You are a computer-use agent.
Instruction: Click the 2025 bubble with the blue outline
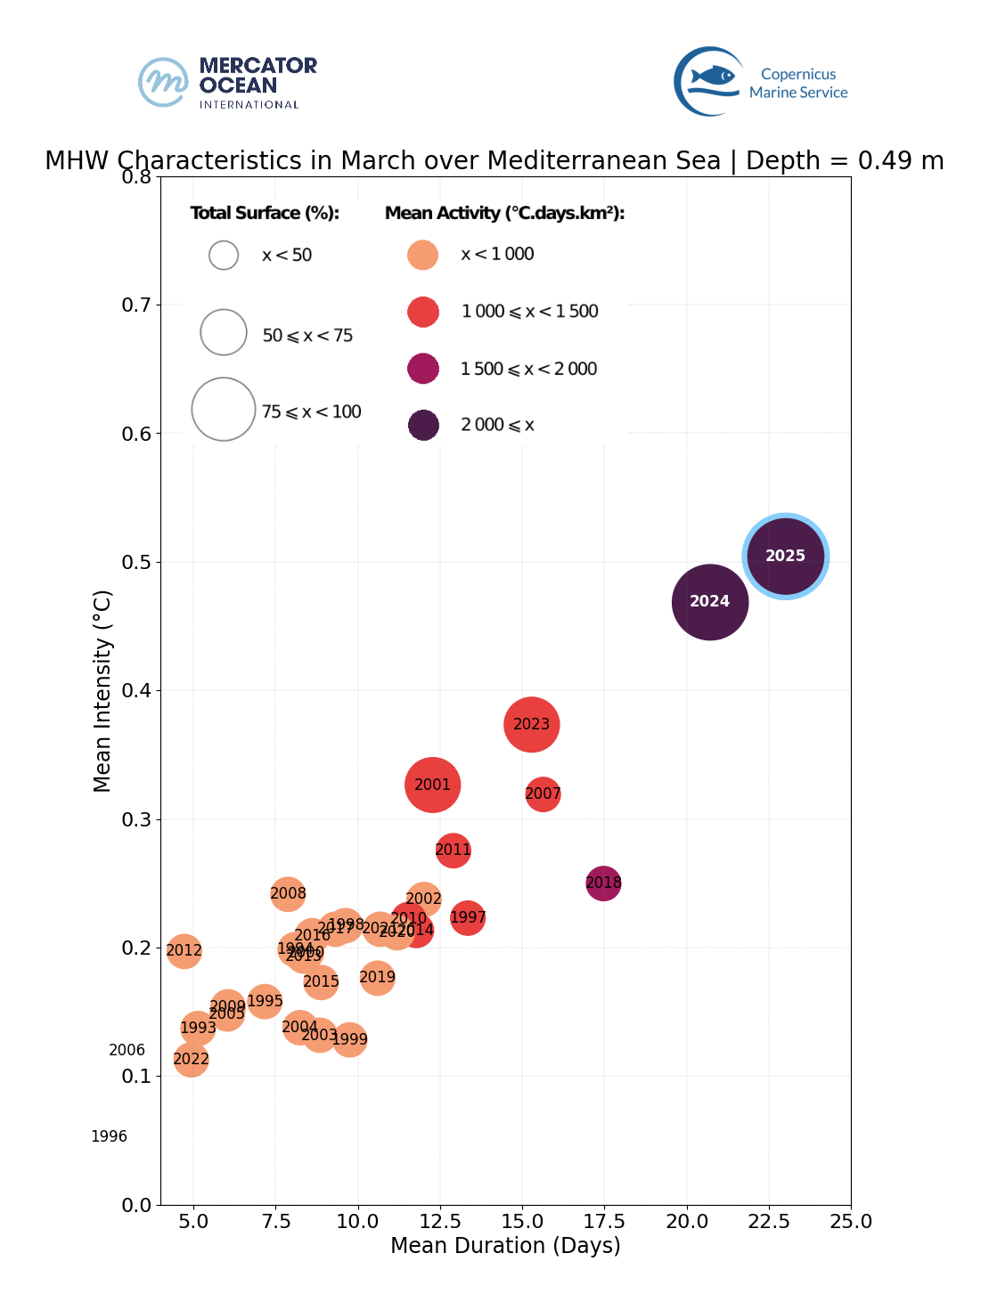(x=785, y=556)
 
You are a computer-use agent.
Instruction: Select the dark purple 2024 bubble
(x=709, y=602)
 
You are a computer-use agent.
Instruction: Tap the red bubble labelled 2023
(x=531, y=725)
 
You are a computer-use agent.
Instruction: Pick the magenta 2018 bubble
(x=603, y=883)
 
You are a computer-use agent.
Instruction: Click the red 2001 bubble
(x=432, y=785)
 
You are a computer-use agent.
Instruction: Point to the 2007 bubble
(x=543, y=793)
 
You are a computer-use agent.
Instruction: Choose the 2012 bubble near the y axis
(x=184, y=951)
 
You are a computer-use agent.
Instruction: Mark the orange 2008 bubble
(x=288, y=893)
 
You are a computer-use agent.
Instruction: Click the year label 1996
(x=109, y=1136)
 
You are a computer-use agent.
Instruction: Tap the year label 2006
(x=127, y=1051)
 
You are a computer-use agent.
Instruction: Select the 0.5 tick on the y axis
(x=135, y=562)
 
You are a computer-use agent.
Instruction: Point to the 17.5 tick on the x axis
(x=604, y=1221)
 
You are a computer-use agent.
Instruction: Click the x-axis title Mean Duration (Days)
(x=505, y=1245)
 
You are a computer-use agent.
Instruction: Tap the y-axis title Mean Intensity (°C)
(x=102, y=690)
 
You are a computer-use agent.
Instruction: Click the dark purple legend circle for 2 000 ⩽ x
(x=423, y=426)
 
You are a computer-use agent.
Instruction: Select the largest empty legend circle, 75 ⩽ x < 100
(x=224, y=410)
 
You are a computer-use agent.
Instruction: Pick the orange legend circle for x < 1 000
(x=422, y=255)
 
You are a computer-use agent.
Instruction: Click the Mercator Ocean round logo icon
(x=164, y=82)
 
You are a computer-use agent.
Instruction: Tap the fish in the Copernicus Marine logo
(x=713, y=76)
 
